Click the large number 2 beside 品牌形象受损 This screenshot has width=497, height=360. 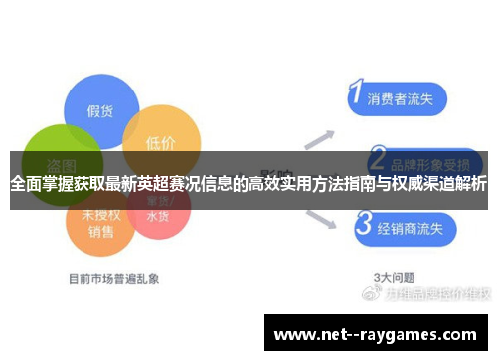378,158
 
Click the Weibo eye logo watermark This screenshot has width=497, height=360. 372,294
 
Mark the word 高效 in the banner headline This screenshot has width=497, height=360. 268,184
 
